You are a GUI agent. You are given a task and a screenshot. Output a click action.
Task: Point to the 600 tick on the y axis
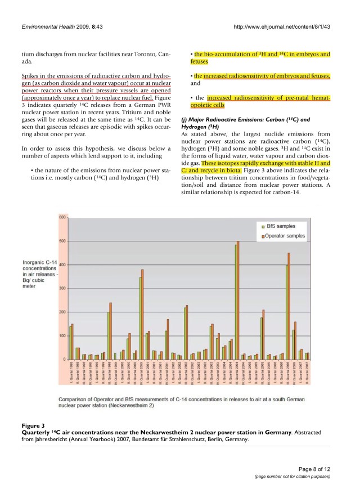tap(62, 217)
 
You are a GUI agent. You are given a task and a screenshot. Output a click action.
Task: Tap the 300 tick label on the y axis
tap(62, 288)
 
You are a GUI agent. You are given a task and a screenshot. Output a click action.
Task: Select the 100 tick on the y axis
tap(62, 335)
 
